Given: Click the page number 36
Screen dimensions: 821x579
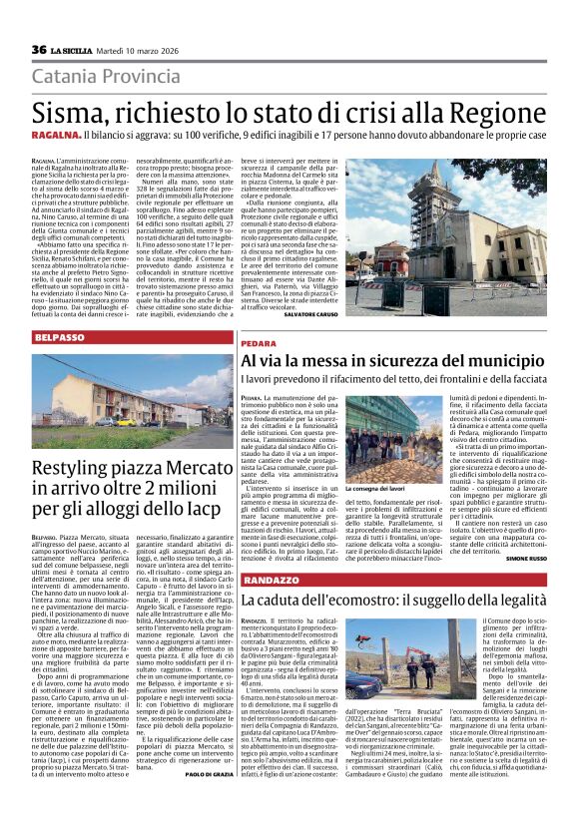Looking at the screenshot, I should click(x=38, y=50).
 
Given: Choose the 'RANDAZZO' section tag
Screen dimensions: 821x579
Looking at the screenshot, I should click(x=270, y=580).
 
